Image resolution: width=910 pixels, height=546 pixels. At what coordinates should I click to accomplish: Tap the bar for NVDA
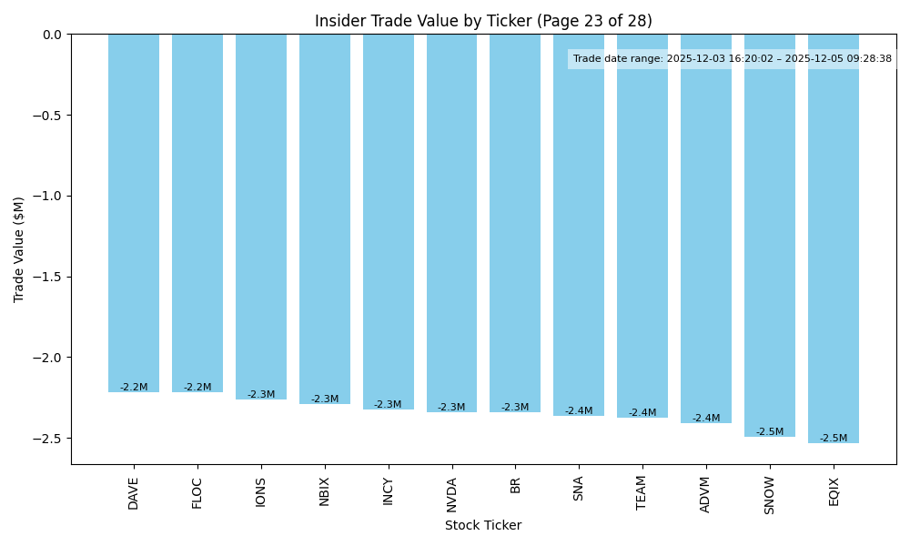pos(451,223)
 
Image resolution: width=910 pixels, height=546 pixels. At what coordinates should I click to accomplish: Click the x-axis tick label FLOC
pos(197,492)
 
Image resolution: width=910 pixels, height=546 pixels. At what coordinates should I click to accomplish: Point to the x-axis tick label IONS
pos(261,491)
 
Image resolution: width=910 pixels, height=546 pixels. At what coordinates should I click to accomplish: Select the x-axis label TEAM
pos(642,492)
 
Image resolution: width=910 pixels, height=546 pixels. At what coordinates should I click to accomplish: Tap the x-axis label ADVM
pos(706,493)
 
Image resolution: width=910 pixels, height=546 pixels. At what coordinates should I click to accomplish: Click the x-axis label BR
pos(515,485)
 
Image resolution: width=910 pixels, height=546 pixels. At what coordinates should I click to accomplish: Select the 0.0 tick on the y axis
pos(52,35)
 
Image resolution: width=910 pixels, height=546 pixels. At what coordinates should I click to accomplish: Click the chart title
pos(483,21)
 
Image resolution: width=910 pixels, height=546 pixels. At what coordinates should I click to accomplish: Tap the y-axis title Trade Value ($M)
pos(19,248)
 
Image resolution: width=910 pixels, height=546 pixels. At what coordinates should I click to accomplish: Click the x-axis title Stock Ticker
pos(483,525)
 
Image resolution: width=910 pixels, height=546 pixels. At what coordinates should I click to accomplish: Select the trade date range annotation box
pos(732,59)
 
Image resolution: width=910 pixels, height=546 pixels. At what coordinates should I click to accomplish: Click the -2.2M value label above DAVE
pos(134,388)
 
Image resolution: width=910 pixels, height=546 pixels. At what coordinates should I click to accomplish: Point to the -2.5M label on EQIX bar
pos(834,439)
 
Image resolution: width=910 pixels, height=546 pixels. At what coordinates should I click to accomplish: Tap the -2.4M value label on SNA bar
pos(579,411)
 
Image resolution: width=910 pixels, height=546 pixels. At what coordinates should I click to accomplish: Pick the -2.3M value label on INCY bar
pos(388,405)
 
